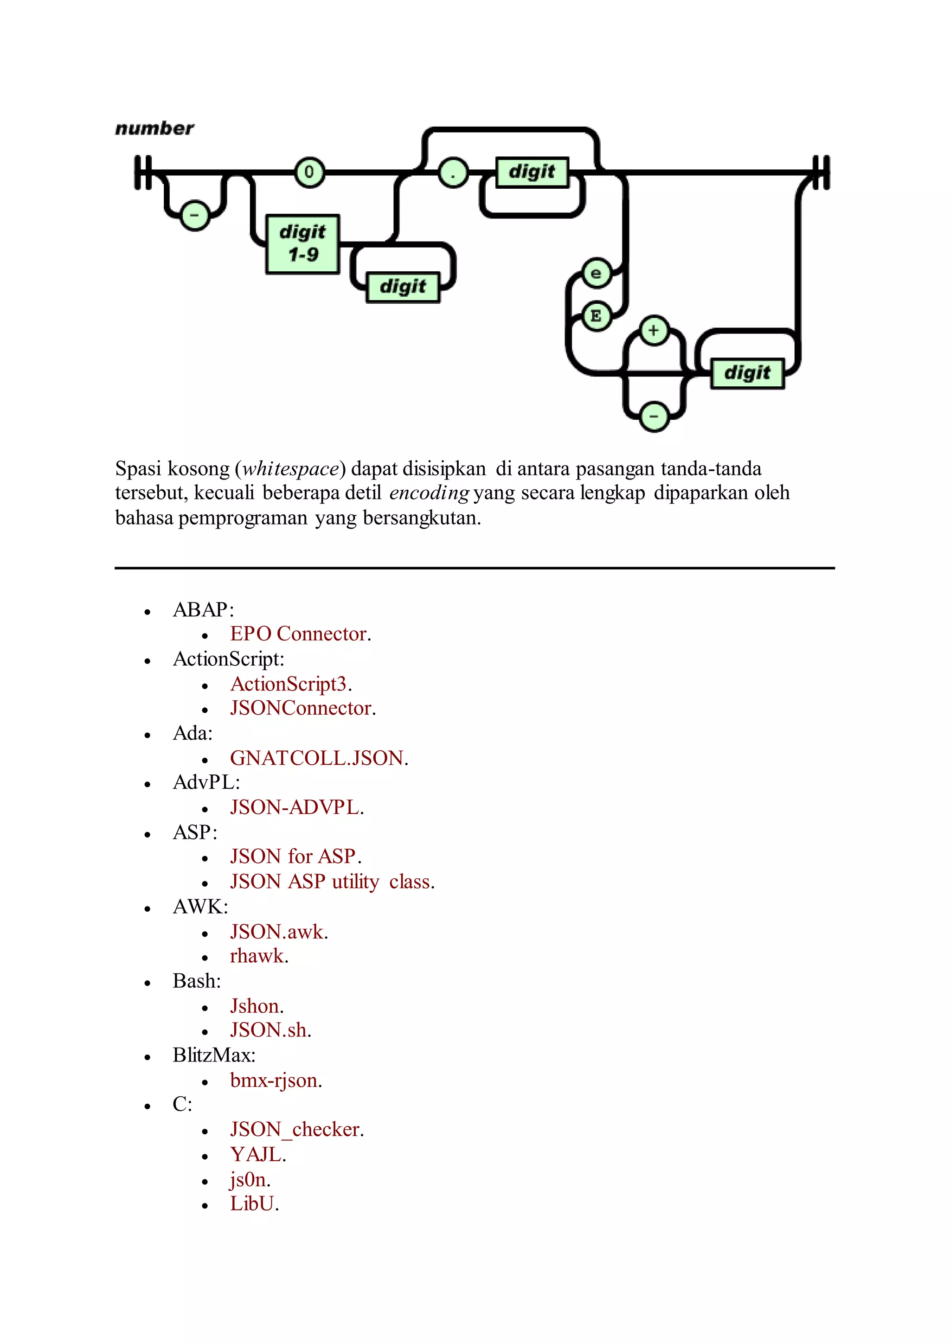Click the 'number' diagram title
point(154,128)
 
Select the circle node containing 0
point(309,172)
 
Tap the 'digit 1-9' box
point(302,243)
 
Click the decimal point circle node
point(453,173)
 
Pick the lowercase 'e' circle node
point(596,273)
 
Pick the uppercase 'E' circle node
point(596,316)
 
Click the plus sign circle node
point(654,331)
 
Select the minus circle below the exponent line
point(654,417)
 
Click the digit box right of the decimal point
point(532,172)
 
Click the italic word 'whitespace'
point(291,469)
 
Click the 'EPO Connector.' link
point(301,634)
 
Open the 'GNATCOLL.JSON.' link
point(319,758)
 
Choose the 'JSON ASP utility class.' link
point(332,882)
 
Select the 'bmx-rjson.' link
point(276,1081)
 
